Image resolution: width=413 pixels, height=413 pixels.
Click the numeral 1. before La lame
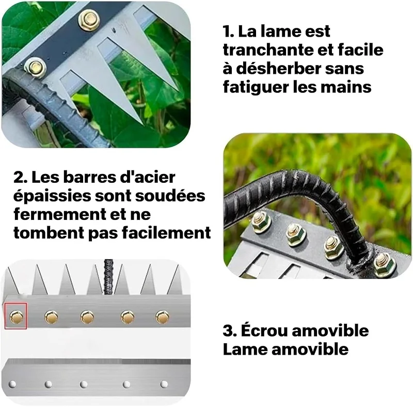[229, 31]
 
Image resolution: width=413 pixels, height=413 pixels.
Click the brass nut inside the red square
[16, 316]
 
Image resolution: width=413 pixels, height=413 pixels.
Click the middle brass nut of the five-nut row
[87, 316]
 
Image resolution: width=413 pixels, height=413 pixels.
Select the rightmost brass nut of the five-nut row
[163, 316]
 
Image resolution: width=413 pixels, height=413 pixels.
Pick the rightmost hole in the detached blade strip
[164, 384]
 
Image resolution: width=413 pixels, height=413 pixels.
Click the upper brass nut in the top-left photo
[89, 20]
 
